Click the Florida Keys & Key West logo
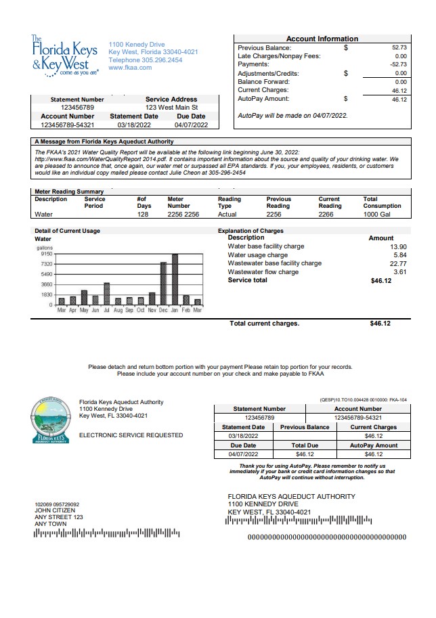(65, 56)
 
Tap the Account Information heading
(322, 39)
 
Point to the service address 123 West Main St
(171, 108)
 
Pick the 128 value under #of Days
(142, 215)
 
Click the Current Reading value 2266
(330, 215)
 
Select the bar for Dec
(163, 283)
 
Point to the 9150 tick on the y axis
(46, 254)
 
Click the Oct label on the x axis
(141, 310)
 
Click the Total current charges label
(264, 324)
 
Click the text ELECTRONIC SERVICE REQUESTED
(131, 435)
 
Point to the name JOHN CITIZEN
(52, 511)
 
